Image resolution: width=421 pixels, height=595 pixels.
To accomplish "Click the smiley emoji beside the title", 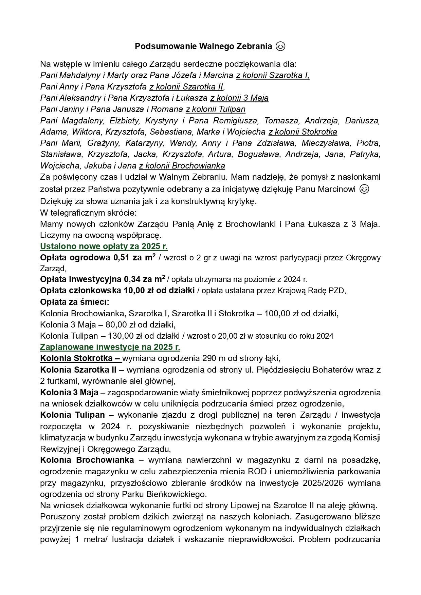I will pos(280,46).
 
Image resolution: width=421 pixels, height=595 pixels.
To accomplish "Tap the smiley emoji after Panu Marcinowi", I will pos(364,189).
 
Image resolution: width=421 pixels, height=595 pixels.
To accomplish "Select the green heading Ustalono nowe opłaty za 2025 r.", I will pos(104,246).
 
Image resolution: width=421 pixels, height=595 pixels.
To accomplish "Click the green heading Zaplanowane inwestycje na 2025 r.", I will pos(110,347).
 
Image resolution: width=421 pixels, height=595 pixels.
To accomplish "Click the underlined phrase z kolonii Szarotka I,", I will pos(273,75).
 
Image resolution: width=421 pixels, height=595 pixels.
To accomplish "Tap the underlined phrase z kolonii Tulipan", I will pos(216,109).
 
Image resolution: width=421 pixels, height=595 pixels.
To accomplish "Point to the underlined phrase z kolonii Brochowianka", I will pos(182,166).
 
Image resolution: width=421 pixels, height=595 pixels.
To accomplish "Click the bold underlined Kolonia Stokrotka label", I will pos(81,358).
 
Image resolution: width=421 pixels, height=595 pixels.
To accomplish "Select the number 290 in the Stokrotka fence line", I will pos(208,358).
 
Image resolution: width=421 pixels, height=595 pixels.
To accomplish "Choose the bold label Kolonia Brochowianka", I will pos(87,460).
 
